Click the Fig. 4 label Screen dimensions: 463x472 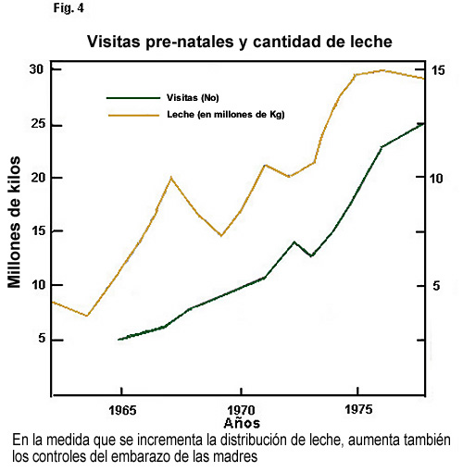pyautogui.click(x=69, y=8)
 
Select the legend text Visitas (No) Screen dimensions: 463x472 pyautogui.click(x=193, y=98)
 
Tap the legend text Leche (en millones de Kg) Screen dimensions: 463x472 pyautogui.click(x=226, y=115)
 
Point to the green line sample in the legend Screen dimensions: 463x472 pyautogui.click(x=133, y=98)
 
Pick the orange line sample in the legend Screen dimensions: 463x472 pyautogui.click(x=133, y=115)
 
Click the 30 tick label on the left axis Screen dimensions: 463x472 pyautogui.click(x=37, y=70)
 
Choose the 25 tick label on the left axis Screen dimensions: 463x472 pyautogui.click(x=39, y=124)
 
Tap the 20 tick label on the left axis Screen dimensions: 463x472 pyautogui.click(x=39, y=178)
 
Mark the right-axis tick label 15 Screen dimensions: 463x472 pyautogui.click(x=438, y=70)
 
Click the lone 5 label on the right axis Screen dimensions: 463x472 pyautogui.click(x=436, y=286)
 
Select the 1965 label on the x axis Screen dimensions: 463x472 pyautogui.click(x=122, y=411)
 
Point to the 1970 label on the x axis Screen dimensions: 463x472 pyautogui.click(x=242, y=411)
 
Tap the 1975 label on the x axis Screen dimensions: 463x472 pyautogui.click(x=358, y=410)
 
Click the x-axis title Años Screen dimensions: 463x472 pyautogui.click(x=242, y=423)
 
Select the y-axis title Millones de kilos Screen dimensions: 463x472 pyautogui.click(x=14, y=222)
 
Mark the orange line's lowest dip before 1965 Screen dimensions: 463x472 pyautogui.click(x=87, y=316)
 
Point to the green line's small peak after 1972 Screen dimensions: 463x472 pyautogui.click(x=294, y=242)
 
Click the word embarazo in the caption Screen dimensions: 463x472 pyautogui.click(x=144, y=456)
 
